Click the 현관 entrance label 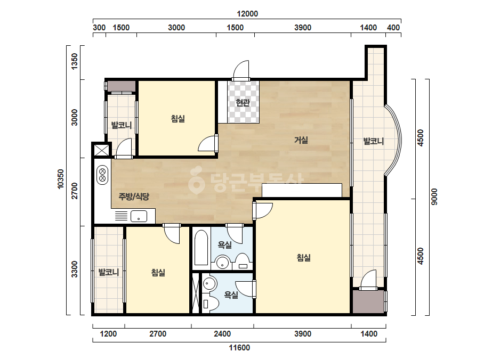pos(243,102)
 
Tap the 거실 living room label pos(301,140)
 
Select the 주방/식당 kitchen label pos(134,197)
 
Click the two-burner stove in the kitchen pos(102,175)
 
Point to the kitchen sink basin pos(139,216)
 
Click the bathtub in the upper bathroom pos(201,248)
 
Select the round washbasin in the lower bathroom pos(209,283)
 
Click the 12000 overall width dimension pos(247,14)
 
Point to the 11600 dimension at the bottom pos(239,347)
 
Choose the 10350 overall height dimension pos(61,179)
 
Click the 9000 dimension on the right pos(434,197)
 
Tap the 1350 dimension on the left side pos(75,61)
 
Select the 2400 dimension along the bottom pos(222,334)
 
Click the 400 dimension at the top pos(393,28)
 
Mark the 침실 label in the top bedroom pos(178,119)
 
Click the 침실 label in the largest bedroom pos(304,258)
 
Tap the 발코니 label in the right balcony pos(373,141)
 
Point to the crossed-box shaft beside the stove pos(102,150)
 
